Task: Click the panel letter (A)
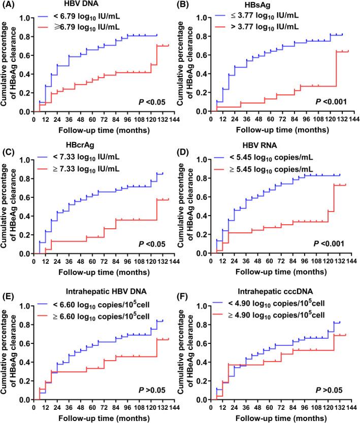[x=9, y=6]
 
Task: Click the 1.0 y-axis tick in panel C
[x=26, y=159]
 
